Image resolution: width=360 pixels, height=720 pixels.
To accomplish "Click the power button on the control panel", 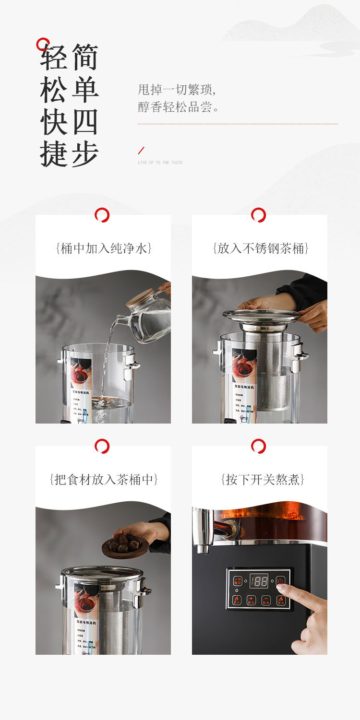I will [280, 581].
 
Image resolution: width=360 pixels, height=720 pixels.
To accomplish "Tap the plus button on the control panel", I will [251, 600].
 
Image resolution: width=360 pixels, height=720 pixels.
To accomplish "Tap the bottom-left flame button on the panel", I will [237, 600].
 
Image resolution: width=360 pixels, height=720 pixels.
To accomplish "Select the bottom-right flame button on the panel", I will [280, 600].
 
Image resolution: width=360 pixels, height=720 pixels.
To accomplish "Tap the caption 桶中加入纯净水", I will [104, 248].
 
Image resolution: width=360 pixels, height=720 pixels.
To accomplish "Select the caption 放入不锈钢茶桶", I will [260, 248].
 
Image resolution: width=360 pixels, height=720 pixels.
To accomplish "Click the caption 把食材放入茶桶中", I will [104, 480].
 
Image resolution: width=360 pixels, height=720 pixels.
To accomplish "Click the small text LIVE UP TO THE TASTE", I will [160, 163].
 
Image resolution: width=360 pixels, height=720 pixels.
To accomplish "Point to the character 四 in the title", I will [85, 122].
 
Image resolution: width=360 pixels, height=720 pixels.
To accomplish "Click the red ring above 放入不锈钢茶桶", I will [258, 215].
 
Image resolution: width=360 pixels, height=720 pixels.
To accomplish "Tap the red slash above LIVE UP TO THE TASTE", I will [141, 151].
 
